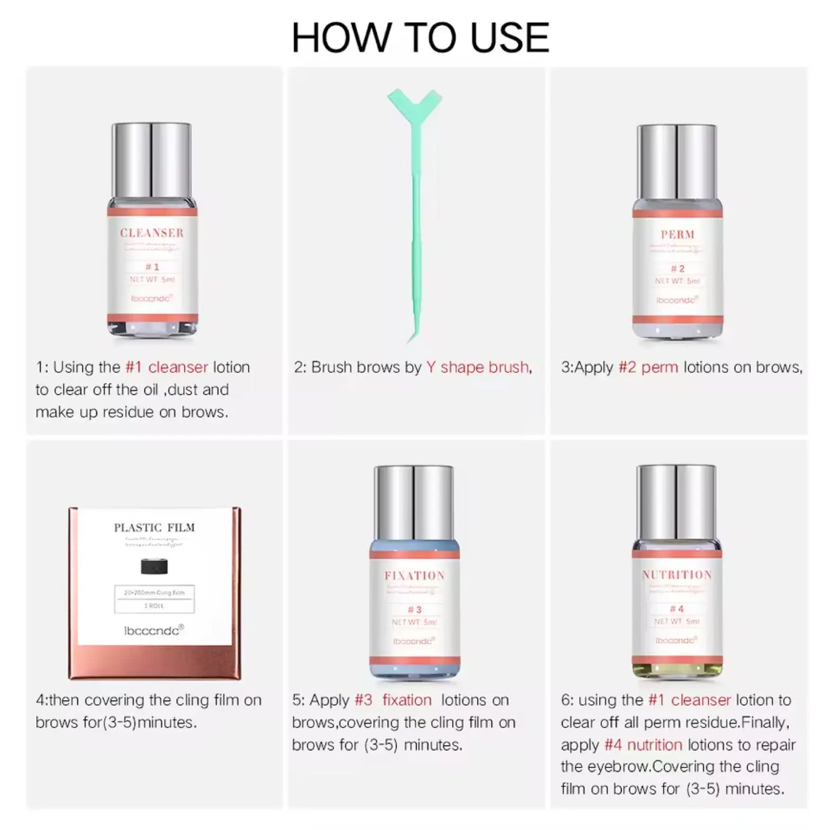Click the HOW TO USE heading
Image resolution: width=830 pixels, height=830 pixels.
point(420,38)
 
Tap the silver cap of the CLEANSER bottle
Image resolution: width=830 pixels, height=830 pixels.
point(152,161)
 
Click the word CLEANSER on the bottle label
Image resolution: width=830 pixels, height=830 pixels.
point(152,233)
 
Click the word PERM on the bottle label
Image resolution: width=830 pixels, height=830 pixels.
point(678,234)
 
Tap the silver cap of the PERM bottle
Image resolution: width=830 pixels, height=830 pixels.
point(677,162)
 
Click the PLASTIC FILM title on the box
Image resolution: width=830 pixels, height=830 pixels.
point(154,527)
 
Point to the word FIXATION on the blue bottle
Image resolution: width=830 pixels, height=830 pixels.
point(414,576)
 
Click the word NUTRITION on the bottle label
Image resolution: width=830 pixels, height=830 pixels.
point(677,575)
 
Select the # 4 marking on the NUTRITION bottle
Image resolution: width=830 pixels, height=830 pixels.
point(677,609)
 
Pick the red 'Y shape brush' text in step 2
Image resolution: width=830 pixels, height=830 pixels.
point(477,367)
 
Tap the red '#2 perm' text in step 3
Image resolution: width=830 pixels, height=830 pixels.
point(648,367)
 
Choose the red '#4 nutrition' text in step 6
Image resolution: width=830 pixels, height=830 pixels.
point(643,745)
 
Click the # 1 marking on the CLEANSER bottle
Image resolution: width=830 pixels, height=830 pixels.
point(152,267)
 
